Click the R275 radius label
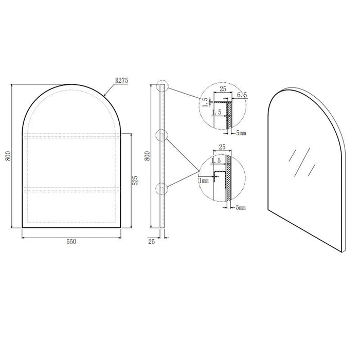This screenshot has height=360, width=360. click(x=121, y=80)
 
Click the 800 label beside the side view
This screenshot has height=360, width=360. click(x=147, y=156)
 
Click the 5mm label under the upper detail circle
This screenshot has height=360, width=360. click(x=240, y=133)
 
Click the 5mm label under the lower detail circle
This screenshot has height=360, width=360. click(x=240, y=208)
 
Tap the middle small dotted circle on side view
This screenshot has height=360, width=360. click(x=163, y=136)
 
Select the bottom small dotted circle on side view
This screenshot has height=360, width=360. click(x=163, y=189)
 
